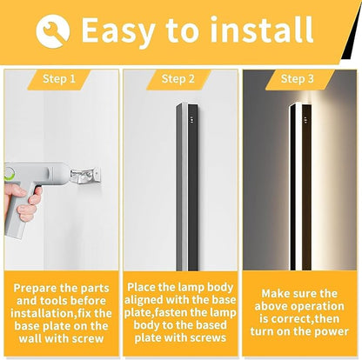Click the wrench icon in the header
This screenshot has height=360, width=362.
click(53, 31)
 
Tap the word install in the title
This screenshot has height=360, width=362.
click(257, 30)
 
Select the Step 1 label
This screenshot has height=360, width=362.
click(59, 79)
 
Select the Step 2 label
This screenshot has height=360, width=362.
click(180, 79)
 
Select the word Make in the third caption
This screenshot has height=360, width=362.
click(271, 294)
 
